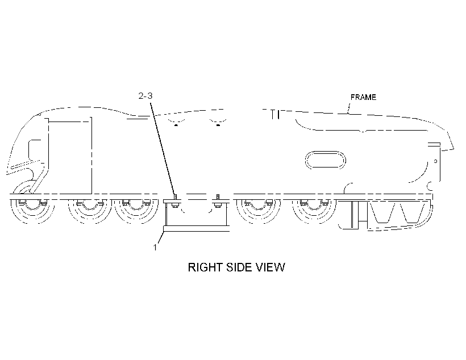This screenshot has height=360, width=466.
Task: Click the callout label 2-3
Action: pyautogui.click(x=145, y=95)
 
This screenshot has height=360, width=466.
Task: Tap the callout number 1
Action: pyautogui.click(x=155, y=247)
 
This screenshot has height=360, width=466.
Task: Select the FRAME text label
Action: pyautogui.click(x=363, y=97)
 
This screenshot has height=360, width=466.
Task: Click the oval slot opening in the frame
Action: pyautogui.click(x=326, y=160)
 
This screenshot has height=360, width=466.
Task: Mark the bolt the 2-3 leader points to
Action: pyautogui.click(x=175, y=201)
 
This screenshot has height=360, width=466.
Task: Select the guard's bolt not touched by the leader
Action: pyautogui.click(x=218, y=201)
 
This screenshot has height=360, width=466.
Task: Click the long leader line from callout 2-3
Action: pyautogui.click(x=163, y=149)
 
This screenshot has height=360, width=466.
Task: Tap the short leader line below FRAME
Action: pyautogui.click(x=349, y=108)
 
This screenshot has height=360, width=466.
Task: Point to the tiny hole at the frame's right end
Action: pyautogui.click(x=435, y=161)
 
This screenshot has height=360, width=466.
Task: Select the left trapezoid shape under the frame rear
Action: pyautogui.click(x=382, y=213)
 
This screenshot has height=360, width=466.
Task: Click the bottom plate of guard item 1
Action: pyautogui.click(x=196, y=228)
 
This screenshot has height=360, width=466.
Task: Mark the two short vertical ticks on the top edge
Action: pyautogui.click(x=276, y=115)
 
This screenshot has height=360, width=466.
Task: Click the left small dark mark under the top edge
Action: pyautogui.click(x=176, y=125)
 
